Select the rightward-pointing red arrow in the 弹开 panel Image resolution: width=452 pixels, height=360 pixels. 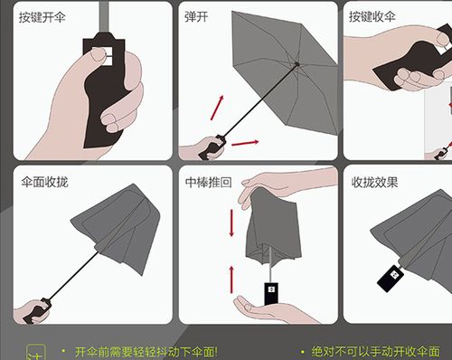click(245, 142)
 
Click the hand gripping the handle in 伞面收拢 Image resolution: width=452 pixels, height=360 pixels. click(33, 312)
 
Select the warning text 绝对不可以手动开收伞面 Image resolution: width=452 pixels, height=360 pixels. click(375, 351)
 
